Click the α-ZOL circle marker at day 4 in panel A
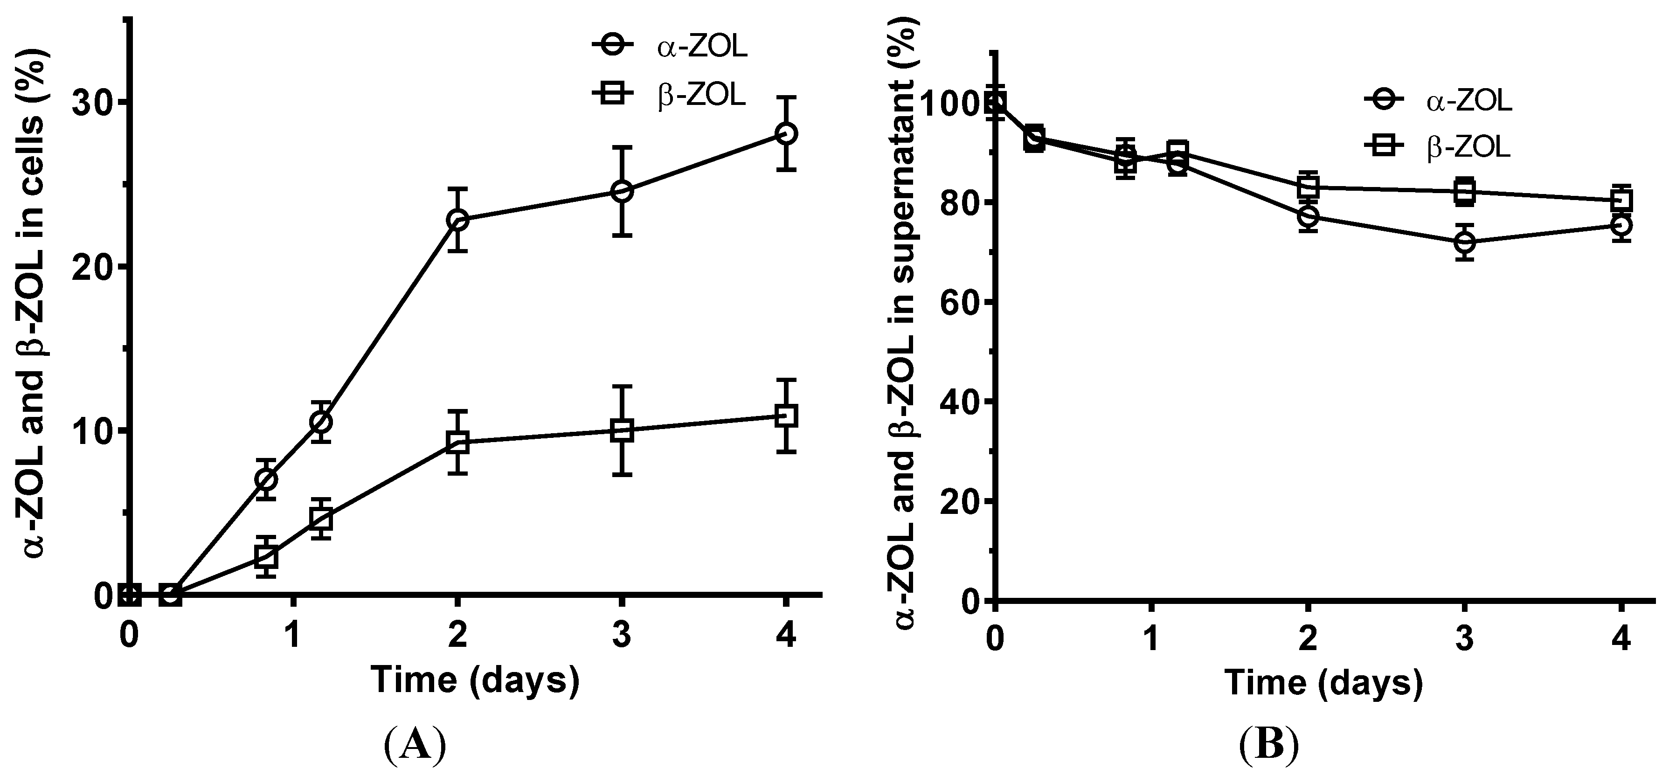pyautogui.click(x=786, y=133)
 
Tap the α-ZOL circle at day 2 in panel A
pyautogui.click(x=458, y=220)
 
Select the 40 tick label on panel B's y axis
pyautogui.click(x=957, y=402)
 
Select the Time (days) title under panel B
pyautogui.click(x=1323, y=683)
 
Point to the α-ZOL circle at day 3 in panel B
pyautogui.click(x=1464, y=242)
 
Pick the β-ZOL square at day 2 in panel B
pyautogui.click(x=1308, y=187)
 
